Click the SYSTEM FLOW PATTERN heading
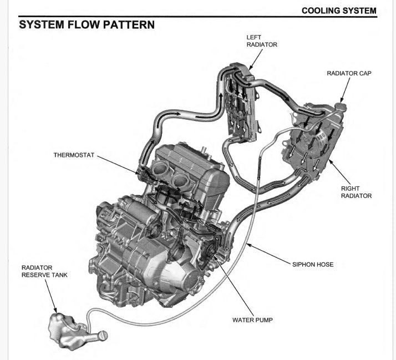87,25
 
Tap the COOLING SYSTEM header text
339,11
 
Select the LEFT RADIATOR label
262,41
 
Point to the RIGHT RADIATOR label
356,192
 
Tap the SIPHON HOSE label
313,265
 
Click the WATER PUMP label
252,320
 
